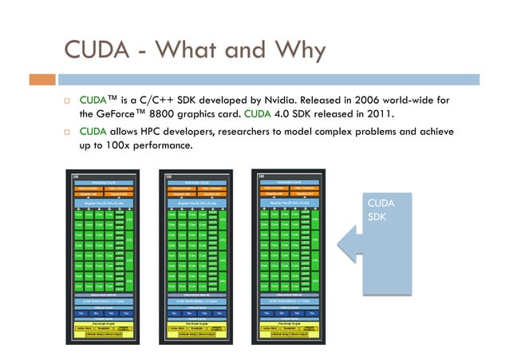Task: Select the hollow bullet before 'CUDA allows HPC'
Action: pyautogui.click(x=69, y=132)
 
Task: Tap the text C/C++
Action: pyautogui.click(x=163, y=101)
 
